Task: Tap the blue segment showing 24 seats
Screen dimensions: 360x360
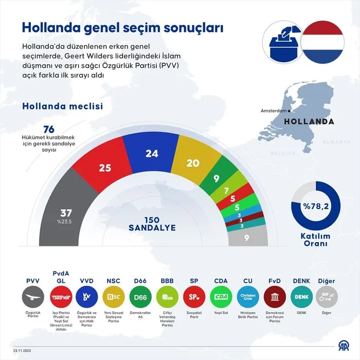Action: click(x=152, y=154)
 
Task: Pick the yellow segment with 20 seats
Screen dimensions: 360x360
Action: click(x=192, y=163)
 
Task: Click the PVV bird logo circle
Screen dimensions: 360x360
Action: click(x=33, y=297)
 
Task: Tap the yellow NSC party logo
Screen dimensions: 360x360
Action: click(x=113, y=297)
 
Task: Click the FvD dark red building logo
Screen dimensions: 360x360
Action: click(x=274, y=297)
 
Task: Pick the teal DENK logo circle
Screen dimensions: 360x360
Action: click(x=301, y=297)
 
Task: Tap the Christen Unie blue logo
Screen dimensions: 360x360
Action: click(x=247, y=297)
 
